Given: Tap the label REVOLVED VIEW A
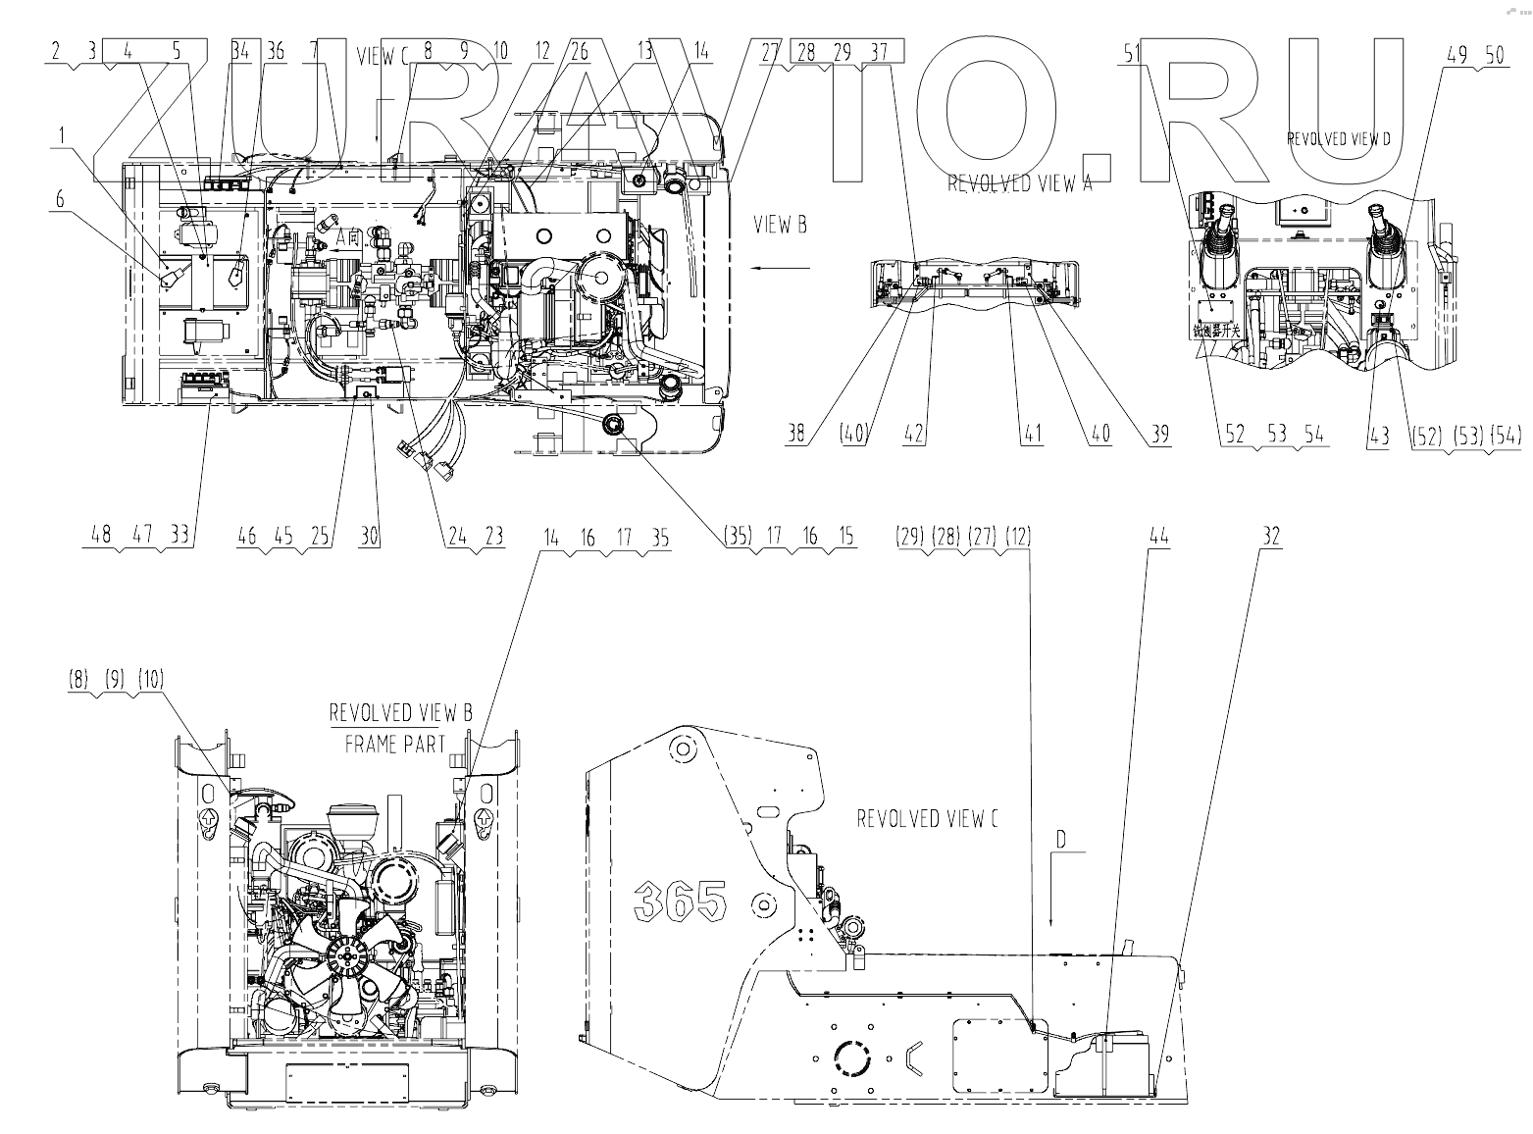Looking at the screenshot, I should tap(1019, 183).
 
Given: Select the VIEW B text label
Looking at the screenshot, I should tap(780, 225).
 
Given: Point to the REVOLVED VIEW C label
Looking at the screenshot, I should tap(927, 818).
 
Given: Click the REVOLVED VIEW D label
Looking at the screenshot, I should tap(1339, 138).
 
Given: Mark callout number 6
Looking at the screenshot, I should tap(61, 199).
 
